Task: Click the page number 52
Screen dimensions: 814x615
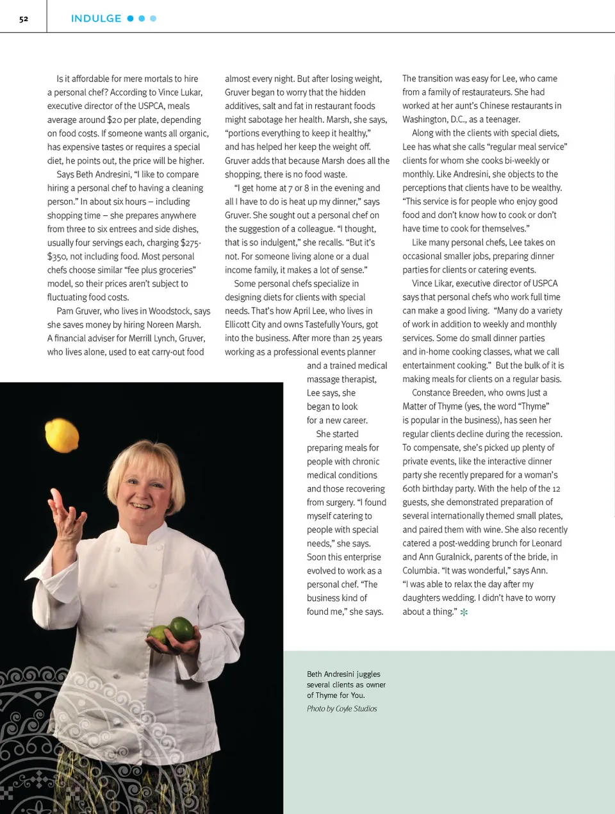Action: click(24, 19)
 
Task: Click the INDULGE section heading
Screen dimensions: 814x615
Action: click(96, 19)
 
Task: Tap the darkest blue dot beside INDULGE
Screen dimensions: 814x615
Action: click(131, 19)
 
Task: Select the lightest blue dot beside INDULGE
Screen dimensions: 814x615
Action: click(153, 19)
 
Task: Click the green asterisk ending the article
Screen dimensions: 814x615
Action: click(464, 612)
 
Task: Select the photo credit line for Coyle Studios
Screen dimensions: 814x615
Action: click(341, 708)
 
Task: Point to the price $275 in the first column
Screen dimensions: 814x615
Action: click(190, 243)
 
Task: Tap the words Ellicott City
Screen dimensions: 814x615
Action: click(250, 324)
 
